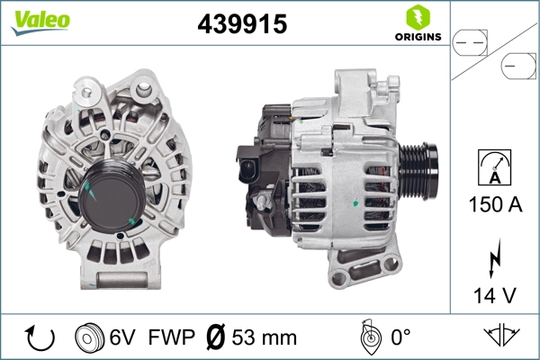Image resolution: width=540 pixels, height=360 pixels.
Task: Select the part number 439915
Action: tap(242, 25)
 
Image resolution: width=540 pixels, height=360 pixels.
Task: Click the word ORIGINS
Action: tap(416, 37)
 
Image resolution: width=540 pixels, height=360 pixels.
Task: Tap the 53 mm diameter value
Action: tap(265, 337)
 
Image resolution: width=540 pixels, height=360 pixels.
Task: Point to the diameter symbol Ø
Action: tap(216, 337)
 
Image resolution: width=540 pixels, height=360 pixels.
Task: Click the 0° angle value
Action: tap(400, 337)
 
